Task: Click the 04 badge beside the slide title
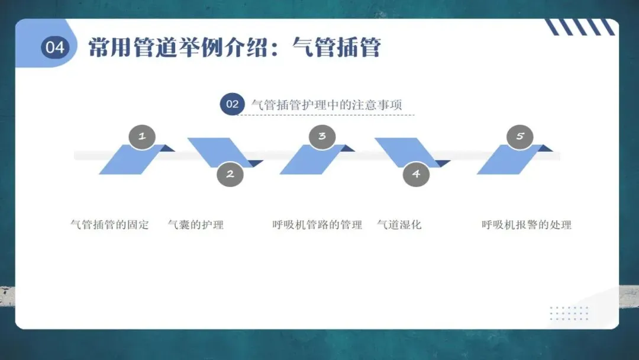click(x=55, y=47)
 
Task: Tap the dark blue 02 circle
click(x=232, y=104)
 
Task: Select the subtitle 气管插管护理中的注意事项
click(x=327, y=105)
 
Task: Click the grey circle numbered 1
click(x=142, y=136)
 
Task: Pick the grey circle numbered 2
click(x=230, y=174)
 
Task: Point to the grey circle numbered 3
click(x=322, y=136)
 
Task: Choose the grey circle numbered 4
click(x=416, y=174)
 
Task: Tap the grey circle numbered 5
click(x=520, y=136)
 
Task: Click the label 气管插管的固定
click(x=109, y=225)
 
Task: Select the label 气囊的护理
click(x=196, y=225)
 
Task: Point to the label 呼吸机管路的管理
click(x=317, y=225)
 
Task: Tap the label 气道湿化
click(x=399, y=225)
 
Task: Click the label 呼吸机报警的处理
click(x=527, y=225)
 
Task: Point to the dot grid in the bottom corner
click(x=569, y=313)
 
